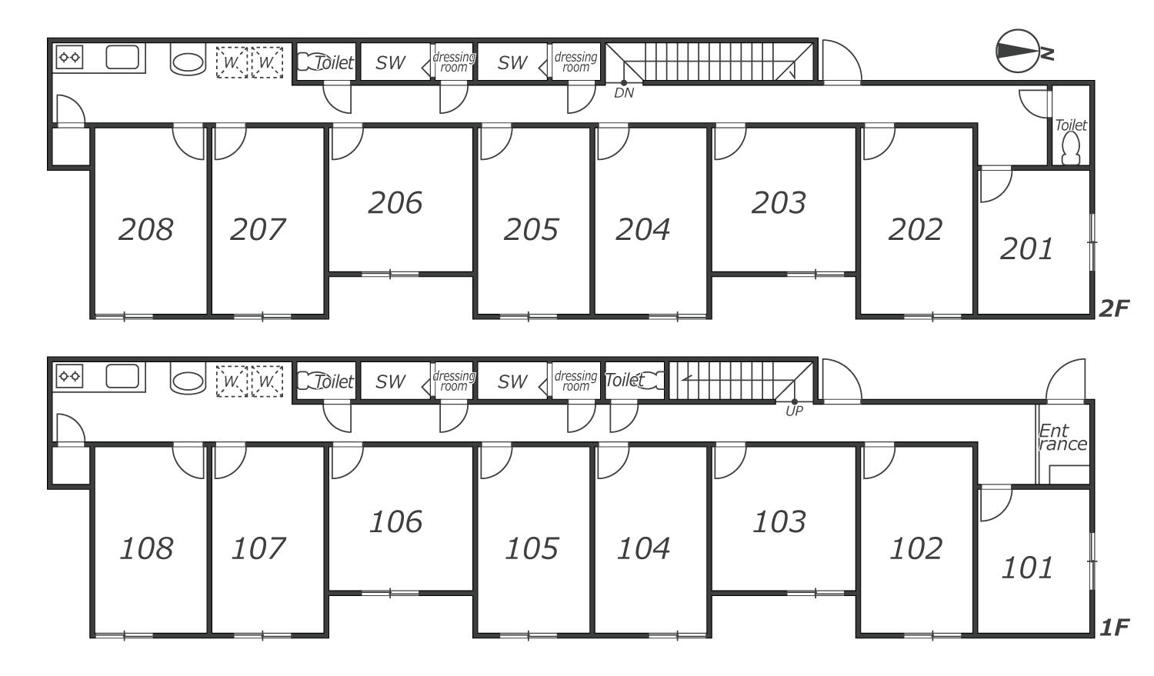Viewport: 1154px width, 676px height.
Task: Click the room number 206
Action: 395,202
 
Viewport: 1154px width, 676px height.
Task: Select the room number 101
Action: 1027,568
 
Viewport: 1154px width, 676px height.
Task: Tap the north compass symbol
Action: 1024,51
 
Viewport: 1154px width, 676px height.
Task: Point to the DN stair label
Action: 624,93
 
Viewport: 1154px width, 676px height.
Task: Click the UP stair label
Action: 794,411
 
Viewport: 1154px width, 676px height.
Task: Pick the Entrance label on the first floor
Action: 1062,437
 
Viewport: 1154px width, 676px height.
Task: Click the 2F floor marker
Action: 1114,308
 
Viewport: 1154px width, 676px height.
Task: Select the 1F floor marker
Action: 1114,628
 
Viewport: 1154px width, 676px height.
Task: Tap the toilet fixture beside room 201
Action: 1071,148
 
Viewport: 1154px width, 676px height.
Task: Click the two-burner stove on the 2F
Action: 69,57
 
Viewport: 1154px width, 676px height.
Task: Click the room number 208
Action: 146,229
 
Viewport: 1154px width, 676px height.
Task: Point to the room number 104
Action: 643,548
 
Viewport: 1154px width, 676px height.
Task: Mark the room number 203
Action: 779,202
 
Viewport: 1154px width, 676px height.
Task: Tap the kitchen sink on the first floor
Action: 122,376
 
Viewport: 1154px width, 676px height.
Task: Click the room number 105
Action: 531,548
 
